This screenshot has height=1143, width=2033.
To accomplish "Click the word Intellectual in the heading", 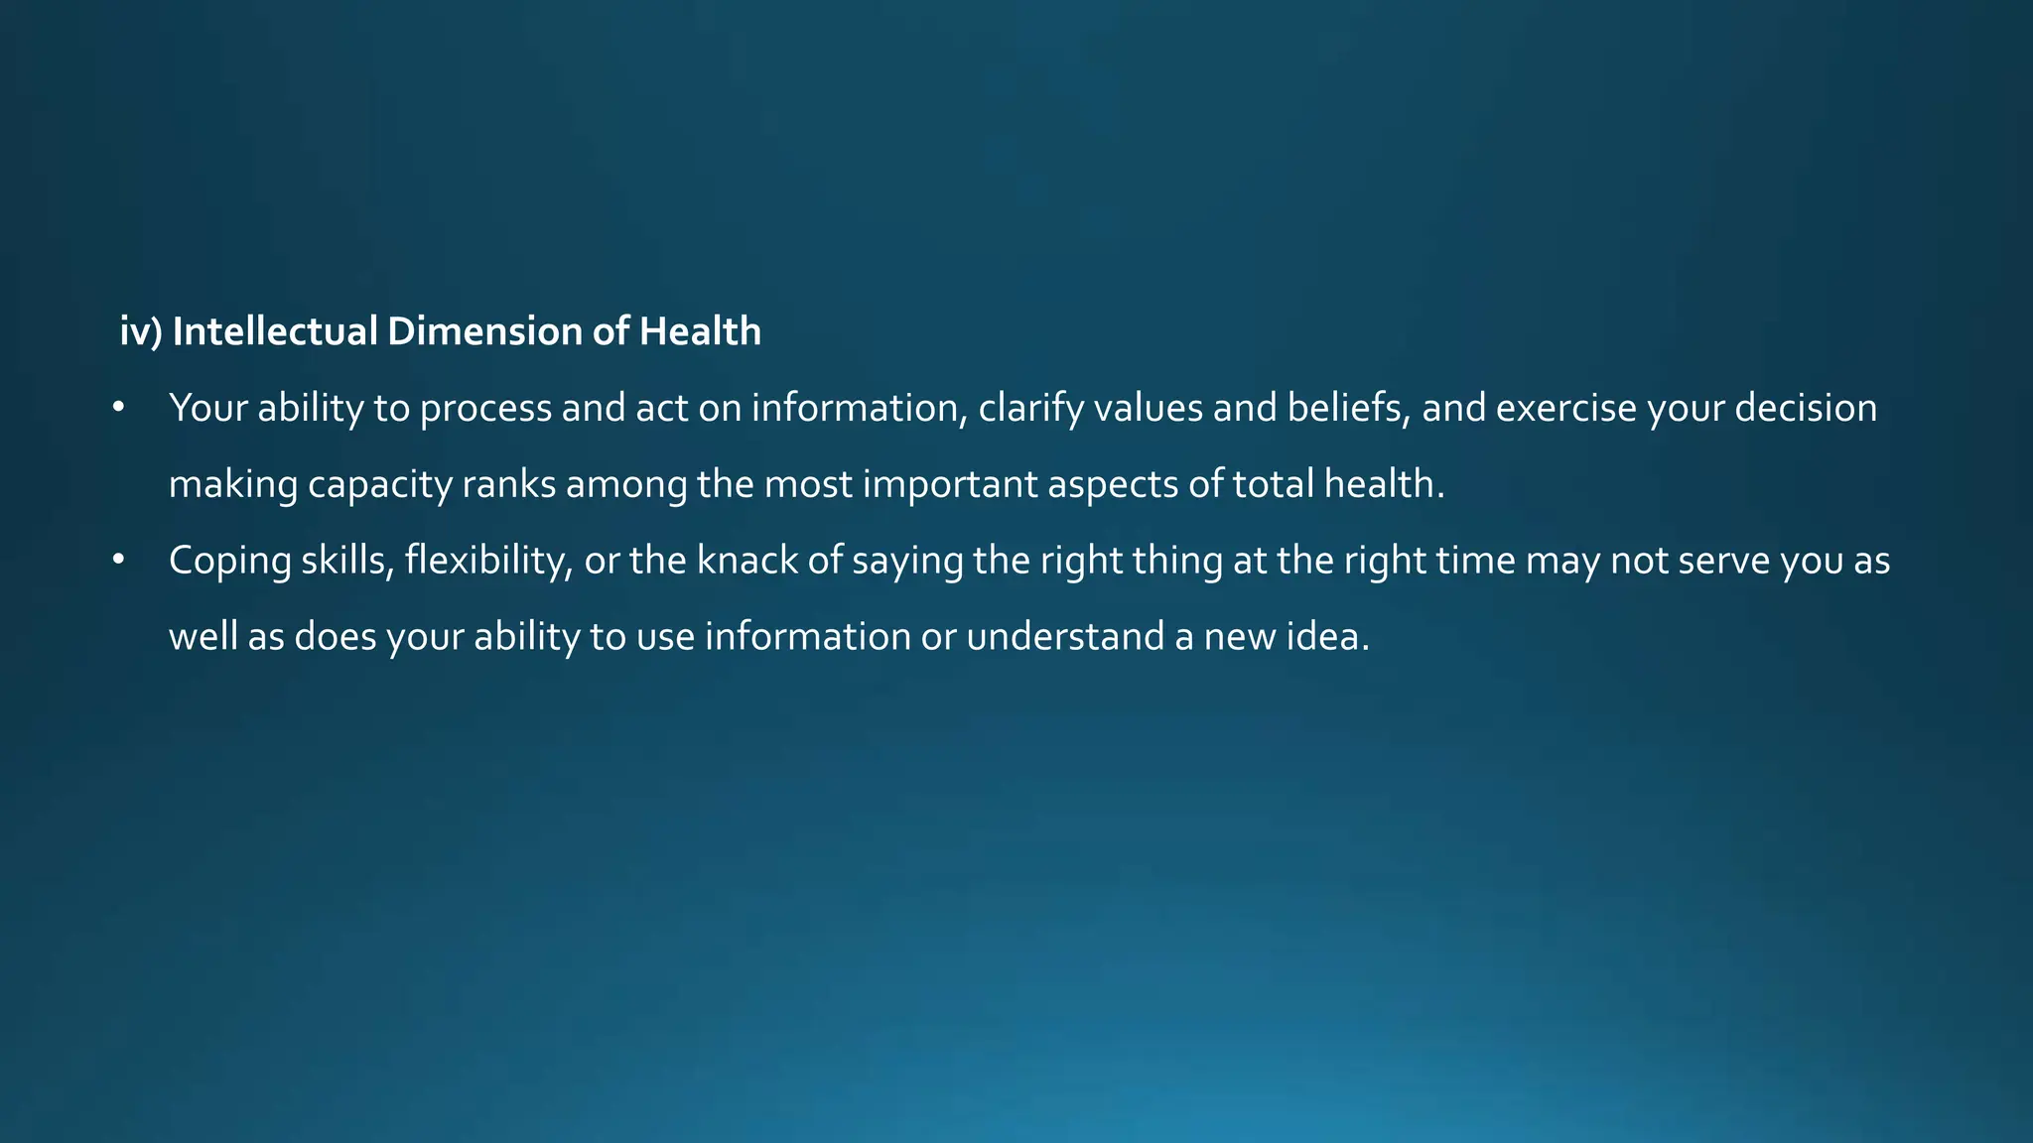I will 274,331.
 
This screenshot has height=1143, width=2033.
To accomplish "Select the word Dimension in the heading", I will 484,331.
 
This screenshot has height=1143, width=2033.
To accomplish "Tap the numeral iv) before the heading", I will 140,331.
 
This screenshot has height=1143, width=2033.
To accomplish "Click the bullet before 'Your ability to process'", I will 118,408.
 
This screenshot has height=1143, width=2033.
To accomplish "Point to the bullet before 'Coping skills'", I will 118,561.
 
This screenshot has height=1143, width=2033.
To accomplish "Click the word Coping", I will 230,562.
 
